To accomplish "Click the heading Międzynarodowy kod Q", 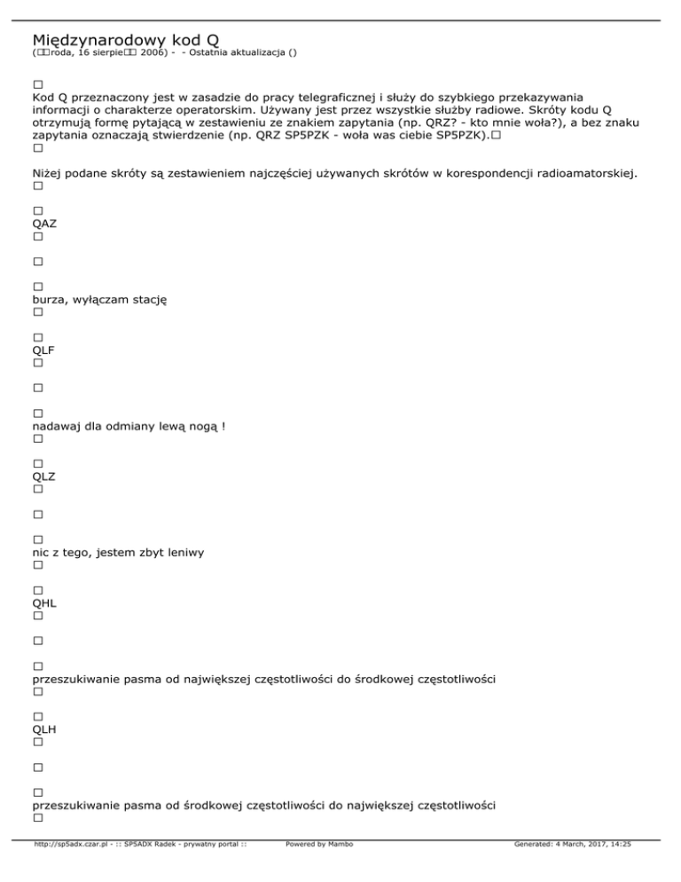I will click(x=125, y=40).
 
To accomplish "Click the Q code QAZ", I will click(x=44, y=224).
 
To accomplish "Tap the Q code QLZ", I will click(x=43, y=476).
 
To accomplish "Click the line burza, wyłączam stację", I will click(x=99, y=300).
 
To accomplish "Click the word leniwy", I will click(x=184, y=553).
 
